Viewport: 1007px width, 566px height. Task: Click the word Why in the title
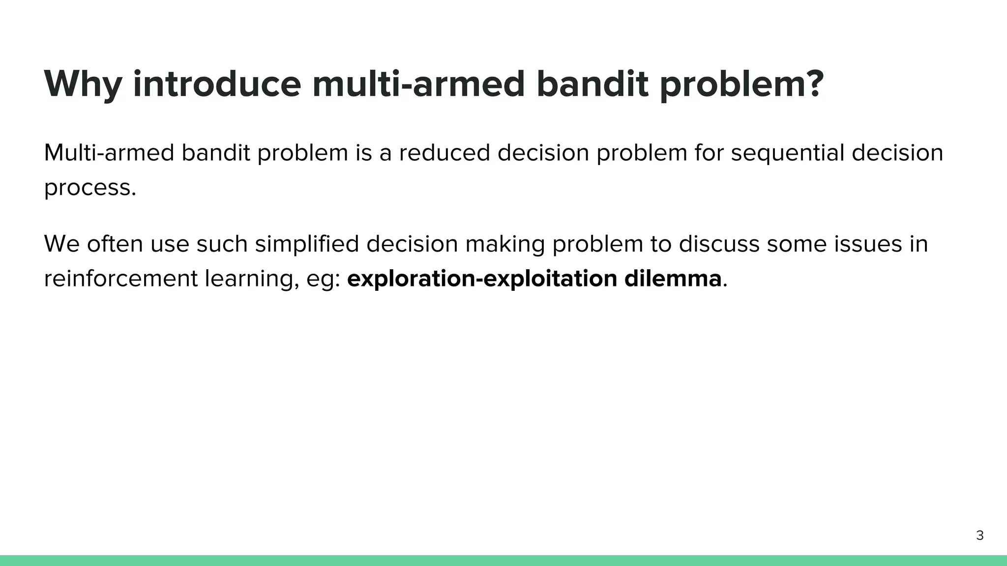[83, 85]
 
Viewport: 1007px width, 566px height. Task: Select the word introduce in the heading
[217, 85]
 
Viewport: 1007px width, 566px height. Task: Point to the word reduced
[444, 153]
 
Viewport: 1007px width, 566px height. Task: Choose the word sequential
[788, 153]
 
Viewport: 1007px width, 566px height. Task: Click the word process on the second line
[87, 188]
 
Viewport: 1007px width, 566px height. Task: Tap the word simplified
[307, 244]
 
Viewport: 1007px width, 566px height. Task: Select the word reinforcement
[120, 279]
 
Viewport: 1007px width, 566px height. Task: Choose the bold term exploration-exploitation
[482, 279]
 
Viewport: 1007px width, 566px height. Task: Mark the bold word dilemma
[673, 279]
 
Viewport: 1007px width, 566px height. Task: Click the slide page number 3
[979, 536]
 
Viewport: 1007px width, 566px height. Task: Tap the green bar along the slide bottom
[503, 561]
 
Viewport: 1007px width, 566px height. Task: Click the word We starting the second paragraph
[61, 244]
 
